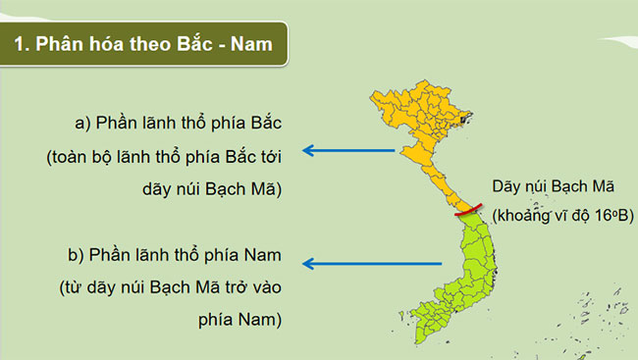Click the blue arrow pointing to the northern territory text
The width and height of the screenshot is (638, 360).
pos(348,150)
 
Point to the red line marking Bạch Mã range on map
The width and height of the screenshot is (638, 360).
pos(468,209)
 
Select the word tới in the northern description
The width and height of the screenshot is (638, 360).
pos(271,157)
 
